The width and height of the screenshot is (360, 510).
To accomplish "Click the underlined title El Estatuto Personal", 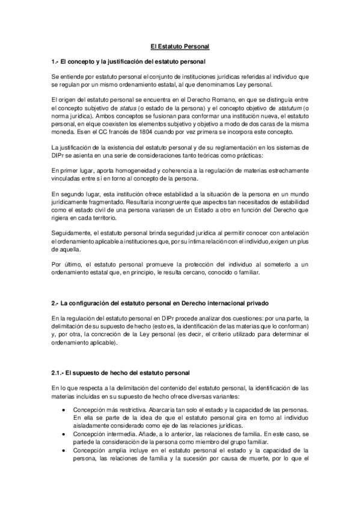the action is coord(180,46).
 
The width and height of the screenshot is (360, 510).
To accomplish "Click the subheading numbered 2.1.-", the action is coord(120,373).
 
